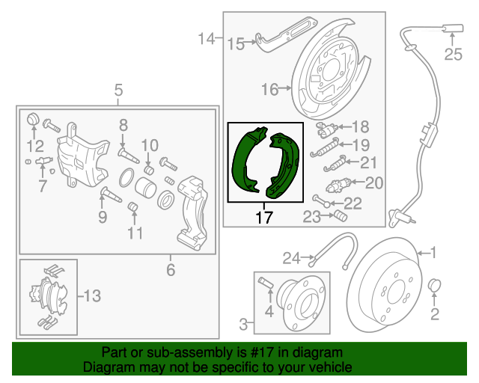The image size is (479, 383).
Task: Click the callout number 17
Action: point(264,219)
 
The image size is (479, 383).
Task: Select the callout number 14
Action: point(207,37)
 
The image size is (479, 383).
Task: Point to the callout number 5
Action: point(118,91)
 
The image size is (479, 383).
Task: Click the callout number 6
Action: point(171,269)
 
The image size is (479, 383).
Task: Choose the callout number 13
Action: point(91,296)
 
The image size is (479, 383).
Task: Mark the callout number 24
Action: point(292,258)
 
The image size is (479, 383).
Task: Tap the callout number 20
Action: point(374,182)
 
